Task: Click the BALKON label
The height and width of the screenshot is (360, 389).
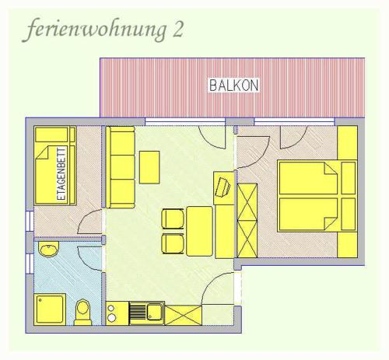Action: click(234, 85)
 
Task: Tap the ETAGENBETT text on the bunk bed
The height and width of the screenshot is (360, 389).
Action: click(61, 173)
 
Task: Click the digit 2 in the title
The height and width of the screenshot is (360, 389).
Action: click(177, 29)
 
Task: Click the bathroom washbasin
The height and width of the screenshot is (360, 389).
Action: click(48, 249)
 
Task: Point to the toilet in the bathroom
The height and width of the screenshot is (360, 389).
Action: click(82, 313)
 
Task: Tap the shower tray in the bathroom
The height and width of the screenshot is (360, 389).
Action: click(51, 309)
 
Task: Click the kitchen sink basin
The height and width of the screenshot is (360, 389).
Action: click(155, 312)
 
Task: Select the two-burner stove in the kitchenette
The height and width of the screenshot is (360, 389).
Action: click(111, 313)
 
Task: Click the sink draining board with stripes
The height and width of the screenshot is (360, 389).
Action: click(138, 313)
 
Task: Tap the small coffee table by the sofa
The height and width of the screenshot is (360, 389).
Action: click(149, 167)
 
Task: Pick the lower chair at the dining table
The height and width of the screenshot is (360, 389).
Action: click(173, 243)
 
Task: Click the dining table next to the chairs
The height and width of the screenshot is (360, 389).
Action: click(199, 231)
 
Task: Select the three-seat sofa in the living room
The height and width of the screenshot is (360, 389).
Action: click(121, 167)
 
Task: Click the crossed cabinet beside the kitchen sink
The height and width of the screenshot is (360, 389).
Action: click(183, 315)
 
